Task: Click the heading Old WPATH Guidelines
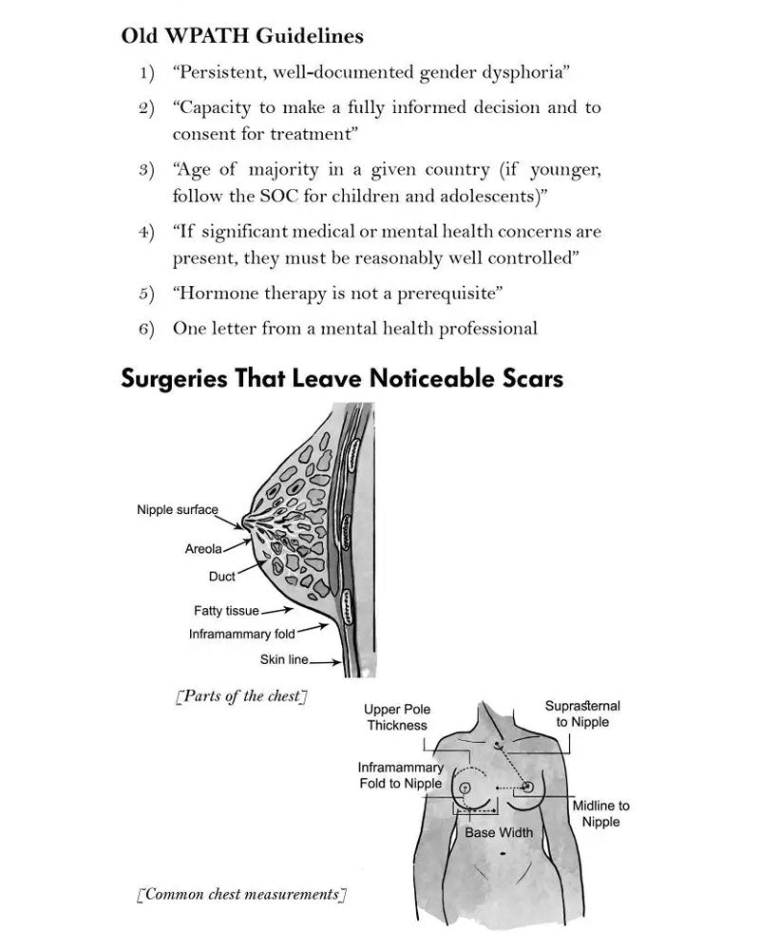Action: pos(242,37)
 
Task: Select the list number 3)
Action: pos(146,170)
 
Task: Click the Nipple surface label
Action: pos(178,510)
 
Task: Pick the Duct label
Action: pos(221,577)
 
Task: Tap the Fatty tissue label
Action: pos(226,611)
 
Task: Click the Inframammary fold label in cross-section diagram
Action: pos(242,634)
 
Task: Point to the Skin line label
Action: pos(284,659)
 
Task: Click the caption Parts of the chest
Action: pos(241,696)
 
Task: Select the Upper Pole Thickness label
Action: pos(397,717)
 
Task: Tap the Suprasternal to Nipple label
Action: pos(582,713)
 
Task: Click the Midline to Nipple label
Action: pos(600,813)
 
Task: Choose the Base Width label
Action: pos(499,832)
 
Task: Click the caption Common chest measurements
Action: pos(241,894)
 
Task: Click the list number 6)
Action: pos(146,329)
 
